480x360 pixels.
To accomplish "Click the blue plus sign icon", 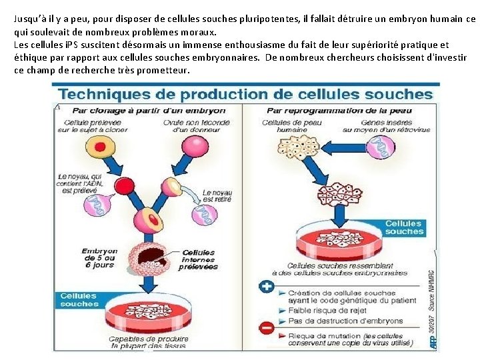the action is pyautogui.click(x=267, y=285).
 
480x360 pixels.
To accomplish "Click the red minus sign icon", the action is pyautogui.click(x=267, y=328).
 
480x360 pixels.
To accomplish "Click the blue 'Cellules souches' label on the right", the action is pyautogui.click(x=404, y=227).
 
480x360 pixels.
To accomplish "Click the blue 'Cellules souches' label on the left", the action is pyautogui.click(x=79, y=300).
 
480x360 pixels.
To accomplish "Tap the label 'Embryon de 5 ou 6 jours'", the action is pyautogui.click(x=99, y=258).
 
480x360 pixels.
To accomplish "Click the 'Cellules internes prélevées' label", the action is pyautogui.click(x=199, y=259).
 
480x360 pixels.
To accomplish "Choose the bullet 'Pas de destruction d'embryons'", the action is pyautogui.click(x=336, y=321).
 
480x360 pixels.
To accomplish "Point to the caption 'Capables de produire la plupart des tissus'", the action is pyautogui.click(x=149, y=343).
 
